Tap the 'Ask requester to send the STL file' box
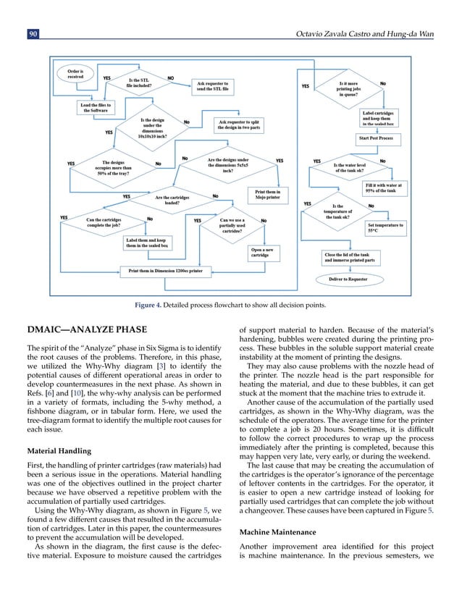211,87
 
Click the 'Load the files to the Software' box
96,107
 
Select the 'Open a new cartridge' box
260,253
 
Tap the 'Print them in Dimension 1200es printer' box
165,271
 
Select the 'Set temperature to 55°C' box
385,228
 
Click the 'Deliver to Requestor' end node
348,279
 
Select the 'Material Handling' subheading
61,450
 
